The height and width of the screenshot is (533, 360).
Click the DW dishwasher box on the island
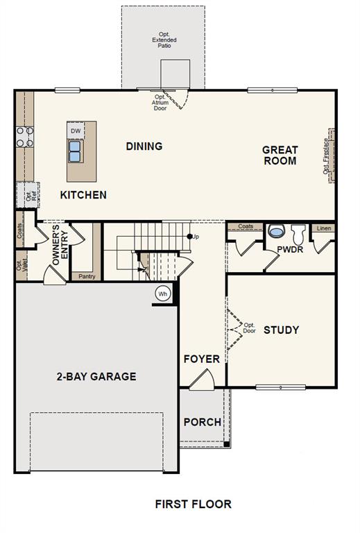coord(76,130)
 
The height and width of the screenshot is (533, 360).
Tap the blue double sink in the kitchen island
coord(75,151)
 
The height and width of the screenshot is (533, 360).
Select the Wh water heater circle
coord(163,294)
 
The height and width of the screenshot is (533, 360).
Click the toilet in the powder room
coord(298,234)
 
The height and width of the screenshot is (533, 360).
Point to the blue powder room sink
coord(275,231)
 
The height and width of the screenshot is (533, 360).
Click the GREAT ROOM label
coord(280,155)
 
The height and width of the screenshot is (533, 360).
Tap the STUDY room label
coord(281,330)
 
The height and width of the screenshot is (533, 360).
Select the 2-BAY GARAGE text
coord(96,377)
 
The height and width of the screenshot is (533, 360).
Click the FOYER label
coord(202,359)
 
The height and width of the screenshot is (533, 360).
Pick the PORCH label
coord(203,422)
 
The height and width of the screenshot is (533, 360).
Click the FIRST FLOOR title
coord(194,504)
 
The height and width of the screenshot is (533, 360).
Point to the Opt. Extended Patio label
coord(164,40)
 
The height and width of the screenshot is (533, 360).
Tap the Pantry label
coord(87,276)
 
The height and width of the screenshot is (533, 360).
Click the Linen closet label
coord(324,228)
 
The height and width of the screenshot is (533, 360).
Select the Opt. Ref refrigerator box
coord(28,195)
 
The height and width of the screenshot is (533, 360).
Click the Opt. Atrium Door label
coord(160,103)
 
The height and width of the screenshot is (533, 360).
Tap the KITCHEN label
coord(83,195)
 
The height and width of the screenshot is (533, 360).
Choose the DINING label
coord(144,146)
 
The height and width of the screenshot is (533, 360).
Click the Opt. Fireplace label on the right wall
coord(326,156)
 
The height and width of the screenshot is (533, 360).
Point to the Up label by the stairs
coord(196,237)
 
